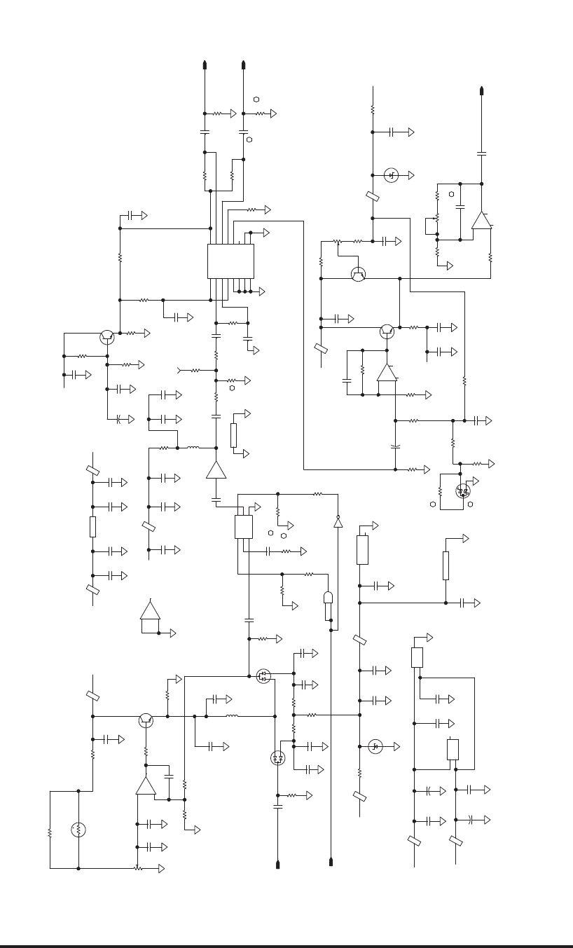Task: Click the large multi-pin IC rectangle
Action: [230, 261]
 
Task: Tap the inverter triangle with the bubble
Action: [338, 522]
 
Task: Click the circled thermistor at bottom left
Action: [78, 830]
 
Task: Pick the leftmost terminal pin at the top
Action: [205, 65]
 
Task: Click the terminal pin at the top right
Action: [481, 90]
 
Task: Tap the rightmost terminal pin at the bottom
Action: [331, 861]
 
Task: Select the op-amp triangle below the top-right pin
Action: [481, 220]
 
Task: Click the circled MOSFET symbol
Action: [263, 676]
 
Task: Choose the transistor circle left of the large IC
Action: [106, 337]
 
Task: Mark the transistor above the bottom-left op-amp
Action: [146, 719]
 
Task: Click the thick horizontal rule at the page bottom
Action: [286, 946]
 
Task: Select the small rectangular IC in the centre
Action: [243, 527]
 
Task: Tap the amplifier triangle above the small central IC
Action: [216, 469]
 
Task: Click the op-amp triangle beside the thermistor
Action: [146, 786]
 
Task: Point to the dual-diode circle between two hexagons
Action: [462, 491]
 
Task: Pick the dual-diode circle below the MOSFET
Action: [277, 757]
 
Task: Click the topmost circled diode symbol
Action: [392, 175]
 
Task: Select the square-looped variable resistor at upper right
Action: [431, 226]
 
